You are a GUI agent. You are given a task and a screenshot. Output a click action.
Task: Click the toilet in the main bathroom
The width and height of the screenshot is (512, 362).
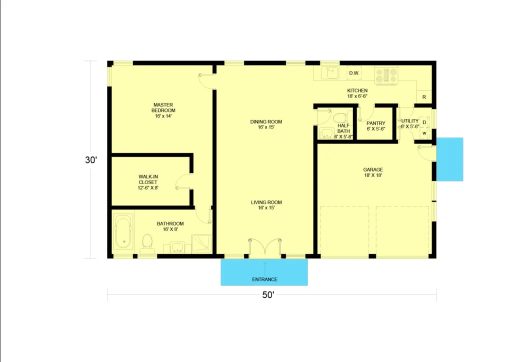(147, 244)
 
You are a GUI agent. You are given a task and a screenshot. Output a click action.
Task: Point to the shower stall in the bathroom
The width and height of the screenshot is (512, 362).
(201, 243)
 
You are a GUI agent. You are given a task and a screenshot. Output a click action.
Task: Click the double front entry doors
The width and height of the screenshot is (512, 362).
(265, 247)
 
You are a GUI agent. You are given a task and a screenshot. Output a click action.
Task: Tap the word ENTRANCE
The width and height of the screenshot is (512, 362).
(265, 279)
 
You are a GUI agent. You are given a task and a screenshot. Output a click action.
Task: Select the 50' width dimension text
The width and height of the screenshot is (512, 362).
(268, 295)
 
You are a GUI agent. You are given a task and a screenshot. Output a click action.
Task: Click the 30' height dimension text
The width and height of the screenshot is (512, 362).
(91, 160)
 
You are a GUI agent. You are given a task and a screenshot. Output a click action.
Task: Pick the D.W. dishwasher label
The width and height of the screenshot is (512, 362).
(354, 73)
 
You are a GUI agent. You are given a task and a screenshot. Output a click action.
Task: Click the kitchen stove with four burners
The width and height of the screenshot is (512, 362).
(386, 75)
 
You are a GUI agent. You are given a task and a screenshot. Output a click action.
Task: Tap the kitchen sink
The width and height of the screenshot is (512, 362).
(330, 73)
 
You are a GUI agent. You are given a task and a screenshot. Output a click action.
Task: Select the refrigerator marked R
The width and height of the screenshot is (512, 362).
(424, 97)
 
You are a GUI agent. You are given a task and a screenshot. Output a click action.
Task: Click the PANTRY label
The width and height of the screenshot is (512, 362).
(376, 123)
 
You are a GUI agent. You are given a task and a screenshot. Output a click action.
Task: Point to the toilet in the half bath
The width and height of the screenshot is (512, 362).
(340, 117)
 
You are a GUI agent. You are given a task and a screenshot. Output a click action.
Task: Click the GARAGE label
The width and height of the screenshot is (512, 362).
(373, 169)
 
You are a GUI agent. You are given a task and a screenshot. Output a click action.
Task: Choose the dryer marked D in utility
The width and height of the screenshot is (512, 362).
(424, 122)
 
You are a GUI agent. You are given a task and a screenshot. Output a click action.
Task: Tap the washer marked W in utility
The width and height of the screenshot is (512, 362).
(424, 133)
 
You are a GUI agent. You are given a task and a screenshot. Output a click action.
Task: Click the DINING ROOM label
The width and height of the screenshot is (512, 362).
(266, 122)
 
